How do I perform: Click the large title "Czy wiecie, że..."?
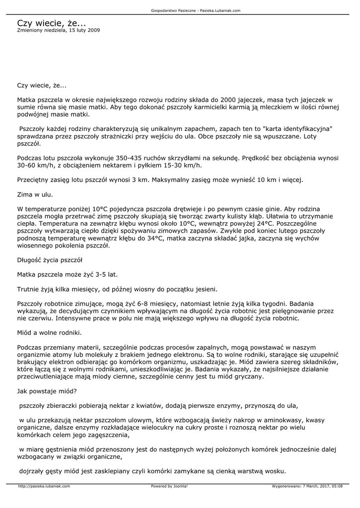click(51, 23)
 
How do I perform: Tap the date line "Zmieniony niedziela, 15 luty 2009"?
click(58, 30)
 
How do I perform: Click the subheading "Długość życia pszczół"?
click(50, 259)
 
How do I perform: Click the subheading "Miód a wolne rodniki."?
click(49, 332)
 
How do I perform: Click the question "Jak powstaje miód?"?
click(47, 390)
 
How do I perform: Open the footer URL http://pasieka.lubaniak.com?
click(44, 486)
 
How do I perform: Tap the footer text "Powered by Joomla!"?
click(169, 486)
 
